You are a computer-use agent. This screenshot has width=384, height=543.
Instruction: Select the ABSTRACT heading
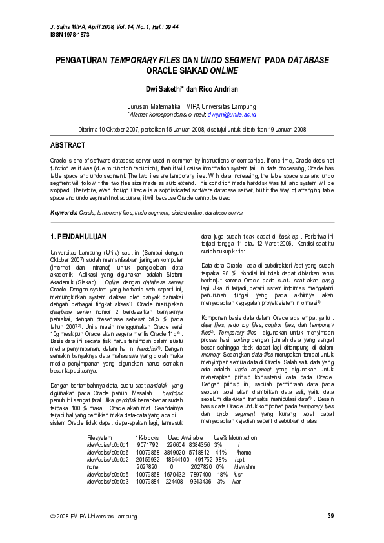[x=68, y=145]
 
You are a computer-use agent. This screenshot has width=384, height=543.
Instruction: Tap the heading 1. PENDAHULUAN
[x=78, y=237]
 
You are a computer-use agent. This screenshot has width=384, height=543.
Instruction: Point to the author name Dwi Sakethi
[x=167, y=88]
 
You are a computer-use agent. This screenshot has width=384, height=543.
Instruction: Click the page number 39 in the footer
[x=330, y=516]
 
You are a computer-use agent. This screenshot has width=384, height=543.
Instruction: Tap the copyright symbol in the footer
[x=53, y=517]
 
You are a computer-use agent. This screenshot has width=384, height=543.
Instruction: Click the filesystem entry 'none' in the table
[x=93, y=468]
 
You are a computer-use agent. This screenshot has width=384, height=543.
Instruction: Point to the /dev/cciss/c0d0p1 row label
[x=108, y=445]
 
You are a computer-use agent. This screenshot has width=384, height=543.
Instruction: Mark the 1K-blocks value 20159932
[x=148, y=460]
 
